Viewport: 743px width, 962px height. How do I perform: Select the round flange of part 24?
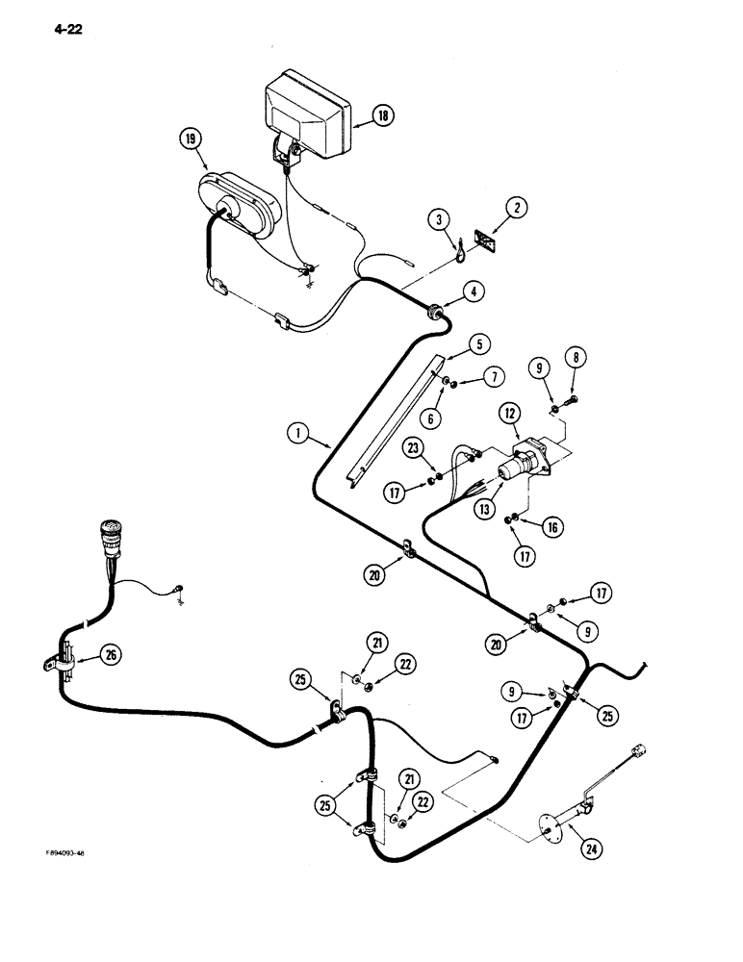551,823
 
